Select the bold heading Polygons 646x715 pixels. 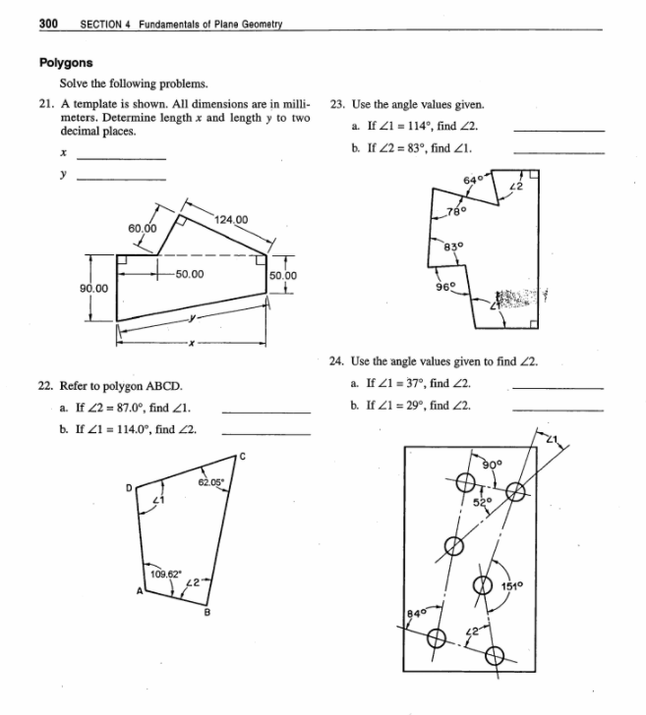pos(67,61)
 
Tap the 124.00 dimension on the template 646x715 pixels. pos(229,218)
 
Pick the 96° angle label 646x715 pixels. pos(444,288)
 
